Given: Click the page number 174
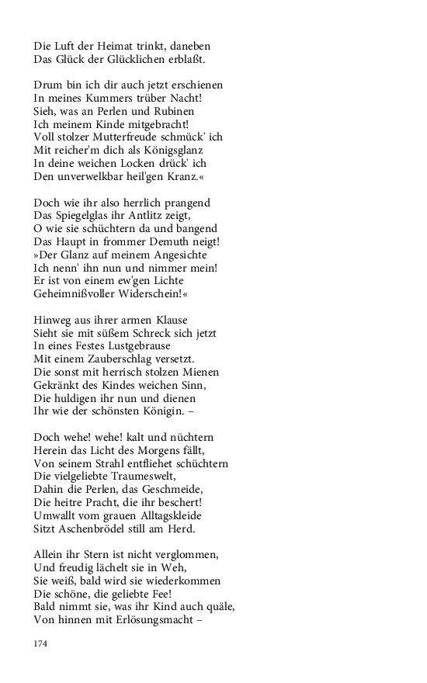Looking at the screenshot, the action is pyautogui.click(x=41, y=643).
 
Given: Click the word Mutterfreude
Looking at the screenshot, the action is pyautogui.click(x=130, y=137).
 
